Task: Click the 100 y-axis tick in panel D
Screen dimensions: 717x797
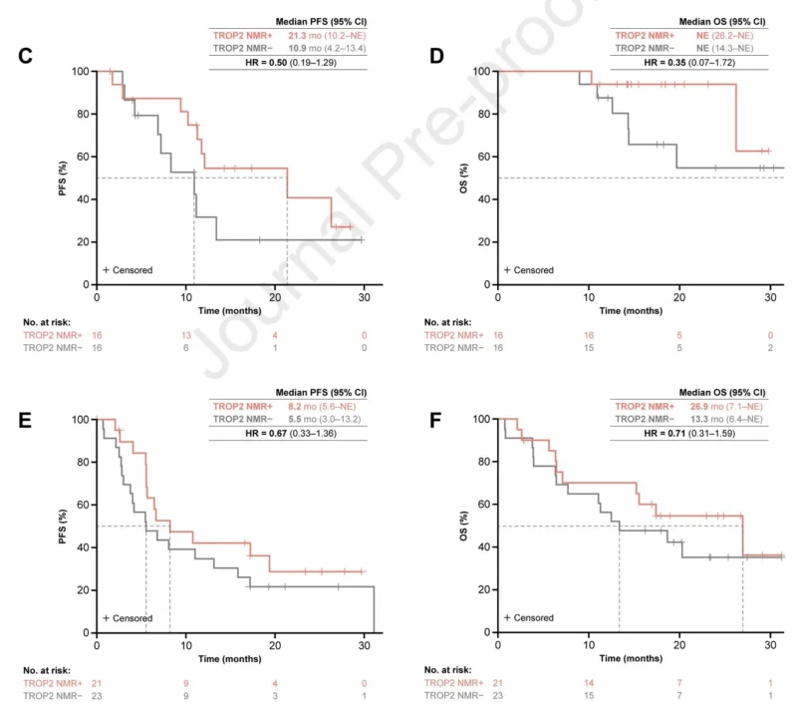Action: coord(480,72)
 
